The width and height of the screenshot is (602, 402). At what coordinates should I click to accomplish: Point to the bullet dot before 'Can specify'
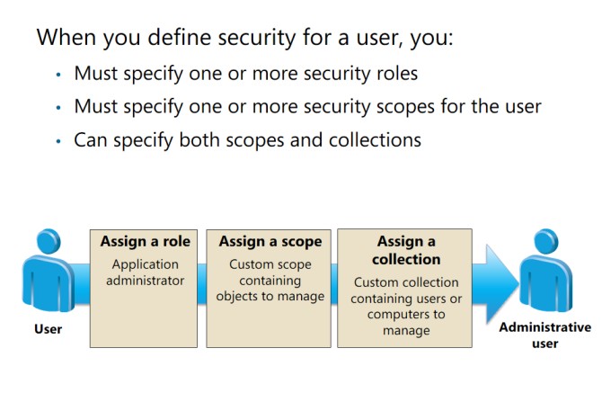pos(58,141)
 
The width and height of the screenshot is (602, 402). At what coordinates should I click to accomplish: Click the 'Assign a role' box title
pos(146,241)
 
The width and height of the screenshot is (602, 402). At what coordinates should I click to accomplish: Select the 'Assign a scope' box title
pos(270,242)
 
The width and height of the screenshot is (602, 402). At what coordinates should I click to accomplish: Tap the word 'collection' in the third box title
pos(406,259)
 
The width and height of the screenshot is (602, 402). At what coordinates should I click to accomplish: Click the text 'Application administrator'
pos(146,272)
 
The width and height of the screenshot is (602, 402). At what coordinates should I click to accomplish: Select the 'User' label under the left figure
pos(48,329)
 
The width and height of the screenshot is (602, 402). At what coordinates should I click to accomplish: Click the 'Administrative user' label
pos(545,335)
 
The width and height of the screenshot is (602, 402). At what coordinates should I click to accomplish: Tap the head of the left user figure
pos(49,241)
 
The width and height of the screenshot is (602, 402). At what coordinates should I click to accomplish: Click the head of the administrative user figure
pos(546,241)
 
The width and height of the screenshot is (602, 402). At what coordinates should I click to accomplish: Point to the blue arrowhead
pos(500,284)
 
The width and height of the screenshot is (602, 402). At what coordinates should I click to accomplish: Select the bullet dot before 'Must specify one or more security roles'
pos(58,75)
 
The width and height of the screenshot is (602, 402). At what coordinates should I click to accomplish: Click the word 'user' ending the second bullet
pos(523,107)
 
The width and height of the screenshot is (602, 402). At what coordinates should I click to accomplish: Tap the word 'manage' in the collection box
pos(406,331)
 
